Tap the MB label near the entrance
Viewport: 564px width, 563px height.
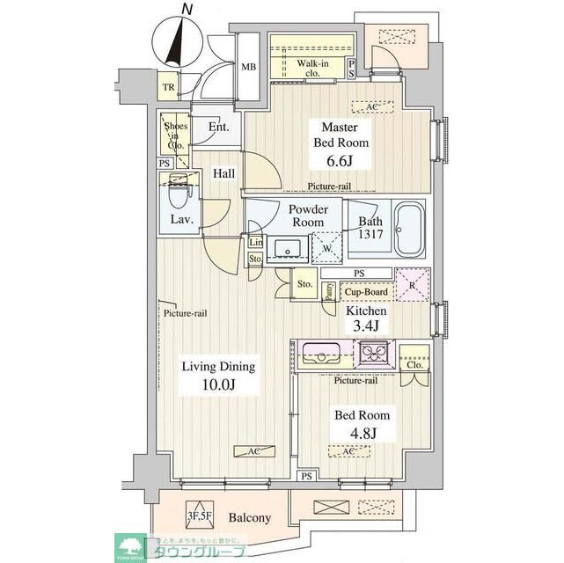pyautogui.click(x=249, y=67)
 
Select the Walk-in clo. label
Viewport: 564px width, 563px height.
pyautogui.click(x=312, y=68)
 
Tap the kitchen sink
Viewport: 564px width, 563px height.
pyautogui.click(x=315, y=355)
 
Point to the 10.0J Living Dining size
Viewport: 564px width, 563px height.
pyautogui.click(x=217, y=385)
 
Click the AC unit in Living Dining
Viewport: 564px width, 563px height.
pyautogui.click(x=247, y=450)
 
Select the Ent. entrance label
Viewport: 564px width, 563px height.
pyautogui.click(x=219, y=127)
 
